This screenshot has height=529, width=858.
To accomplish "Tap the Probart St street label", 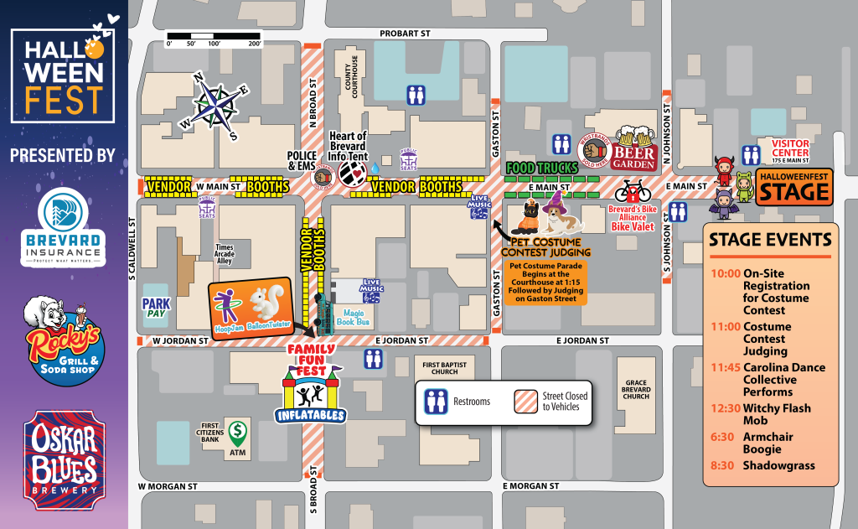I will click(x=405, y=34).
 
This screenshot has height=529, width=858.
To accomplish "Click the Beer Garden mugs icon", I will click(x=634, y=137).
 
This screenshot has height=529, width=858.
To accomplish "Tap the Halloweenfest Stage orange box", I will click(x=793, y=187).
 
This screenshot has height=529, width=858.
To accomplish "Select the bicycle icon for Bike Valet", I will click(x=633, y=190).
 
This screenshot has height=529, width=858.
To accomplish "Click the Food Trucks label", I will click(x=542, y=168).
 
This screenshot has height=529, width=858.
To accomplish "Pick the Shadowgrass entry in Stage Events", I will click(x=778, y=465).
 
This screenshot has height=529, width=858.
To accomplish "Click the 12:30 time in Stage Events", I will click(x=724, y=408).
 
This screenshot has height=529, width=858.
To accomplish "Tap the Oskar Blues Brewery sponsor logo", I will click(x=64, y=460).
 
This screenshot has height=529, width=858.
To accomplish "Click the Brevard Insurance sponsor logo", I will click(x=64, y=226).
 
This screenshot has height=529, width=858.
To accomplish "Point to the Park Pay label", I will click(x=156, y=307).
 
